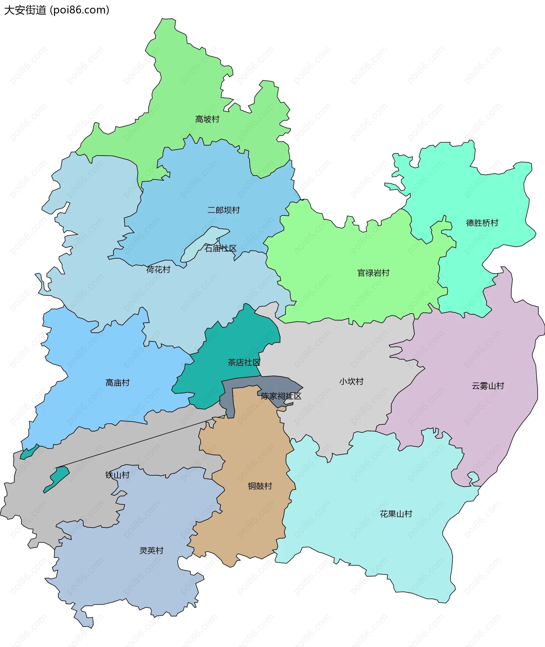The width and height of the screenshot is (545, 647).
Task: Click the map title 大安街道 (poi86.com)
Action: [x=56, y=10]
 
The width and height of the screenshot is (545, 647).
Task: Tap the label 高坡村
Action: [x=207, y=119]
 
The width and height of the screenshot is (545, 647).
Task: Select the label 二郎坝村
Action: [x=223, y=210]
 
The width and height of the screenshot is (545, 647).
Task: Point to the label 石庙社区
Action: [x=220, y=249]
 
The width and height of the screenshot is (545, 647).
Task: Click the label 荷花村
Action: [x=158, y=270]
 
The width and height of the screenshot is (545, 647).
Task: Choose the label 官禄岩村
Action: [x=373, y=273]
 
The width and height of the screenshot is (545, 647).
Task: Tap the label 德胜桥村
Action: [x=482, y=223]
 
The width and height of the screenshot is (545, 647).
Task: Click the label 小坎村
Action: [x=351, y=381]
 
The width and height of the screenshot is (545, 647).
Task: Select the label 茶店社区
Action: [x=244, y=363]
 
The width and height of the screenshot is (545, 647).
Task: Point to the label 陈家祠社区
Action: [x=281, y=396]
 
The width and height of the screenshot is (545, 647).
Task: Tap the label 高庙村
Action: [x=118, y=383]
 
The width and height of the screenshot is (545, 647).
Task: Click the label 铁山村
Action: [x=118, y=475]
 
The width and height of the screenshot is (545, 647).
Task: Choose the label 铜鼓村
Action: [x=260, y=486]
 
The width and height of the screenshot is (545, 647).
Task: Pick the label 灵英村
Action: [x=151, y=551]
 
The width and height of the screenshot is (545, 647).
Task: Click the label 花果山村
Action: [x=396, y=514]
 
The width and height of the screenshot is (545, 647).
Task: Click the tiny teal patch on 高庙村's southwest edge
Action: [x=30, y=452]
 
